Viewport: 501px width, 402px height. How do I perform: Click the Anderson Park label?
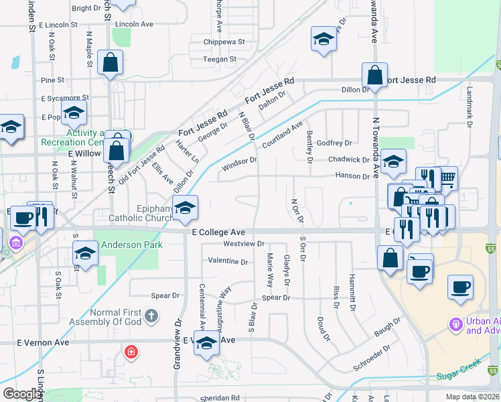coord(132,245)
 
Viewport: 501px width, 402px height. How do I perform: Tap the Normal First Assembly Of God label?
coord(124,317)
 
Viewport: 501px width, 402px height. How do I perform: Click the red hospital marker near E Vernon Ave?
coord(131,351)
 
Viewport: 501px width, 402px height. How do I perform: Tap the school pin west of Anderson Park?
coord(85,253)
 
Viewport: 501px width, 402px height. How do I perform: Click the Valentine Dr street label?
coord(228,260)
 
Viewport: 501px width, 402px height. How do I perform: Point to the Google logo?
coord(22,394)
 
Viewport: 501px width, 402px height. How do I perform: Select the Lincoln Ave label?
coord(134,23)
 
